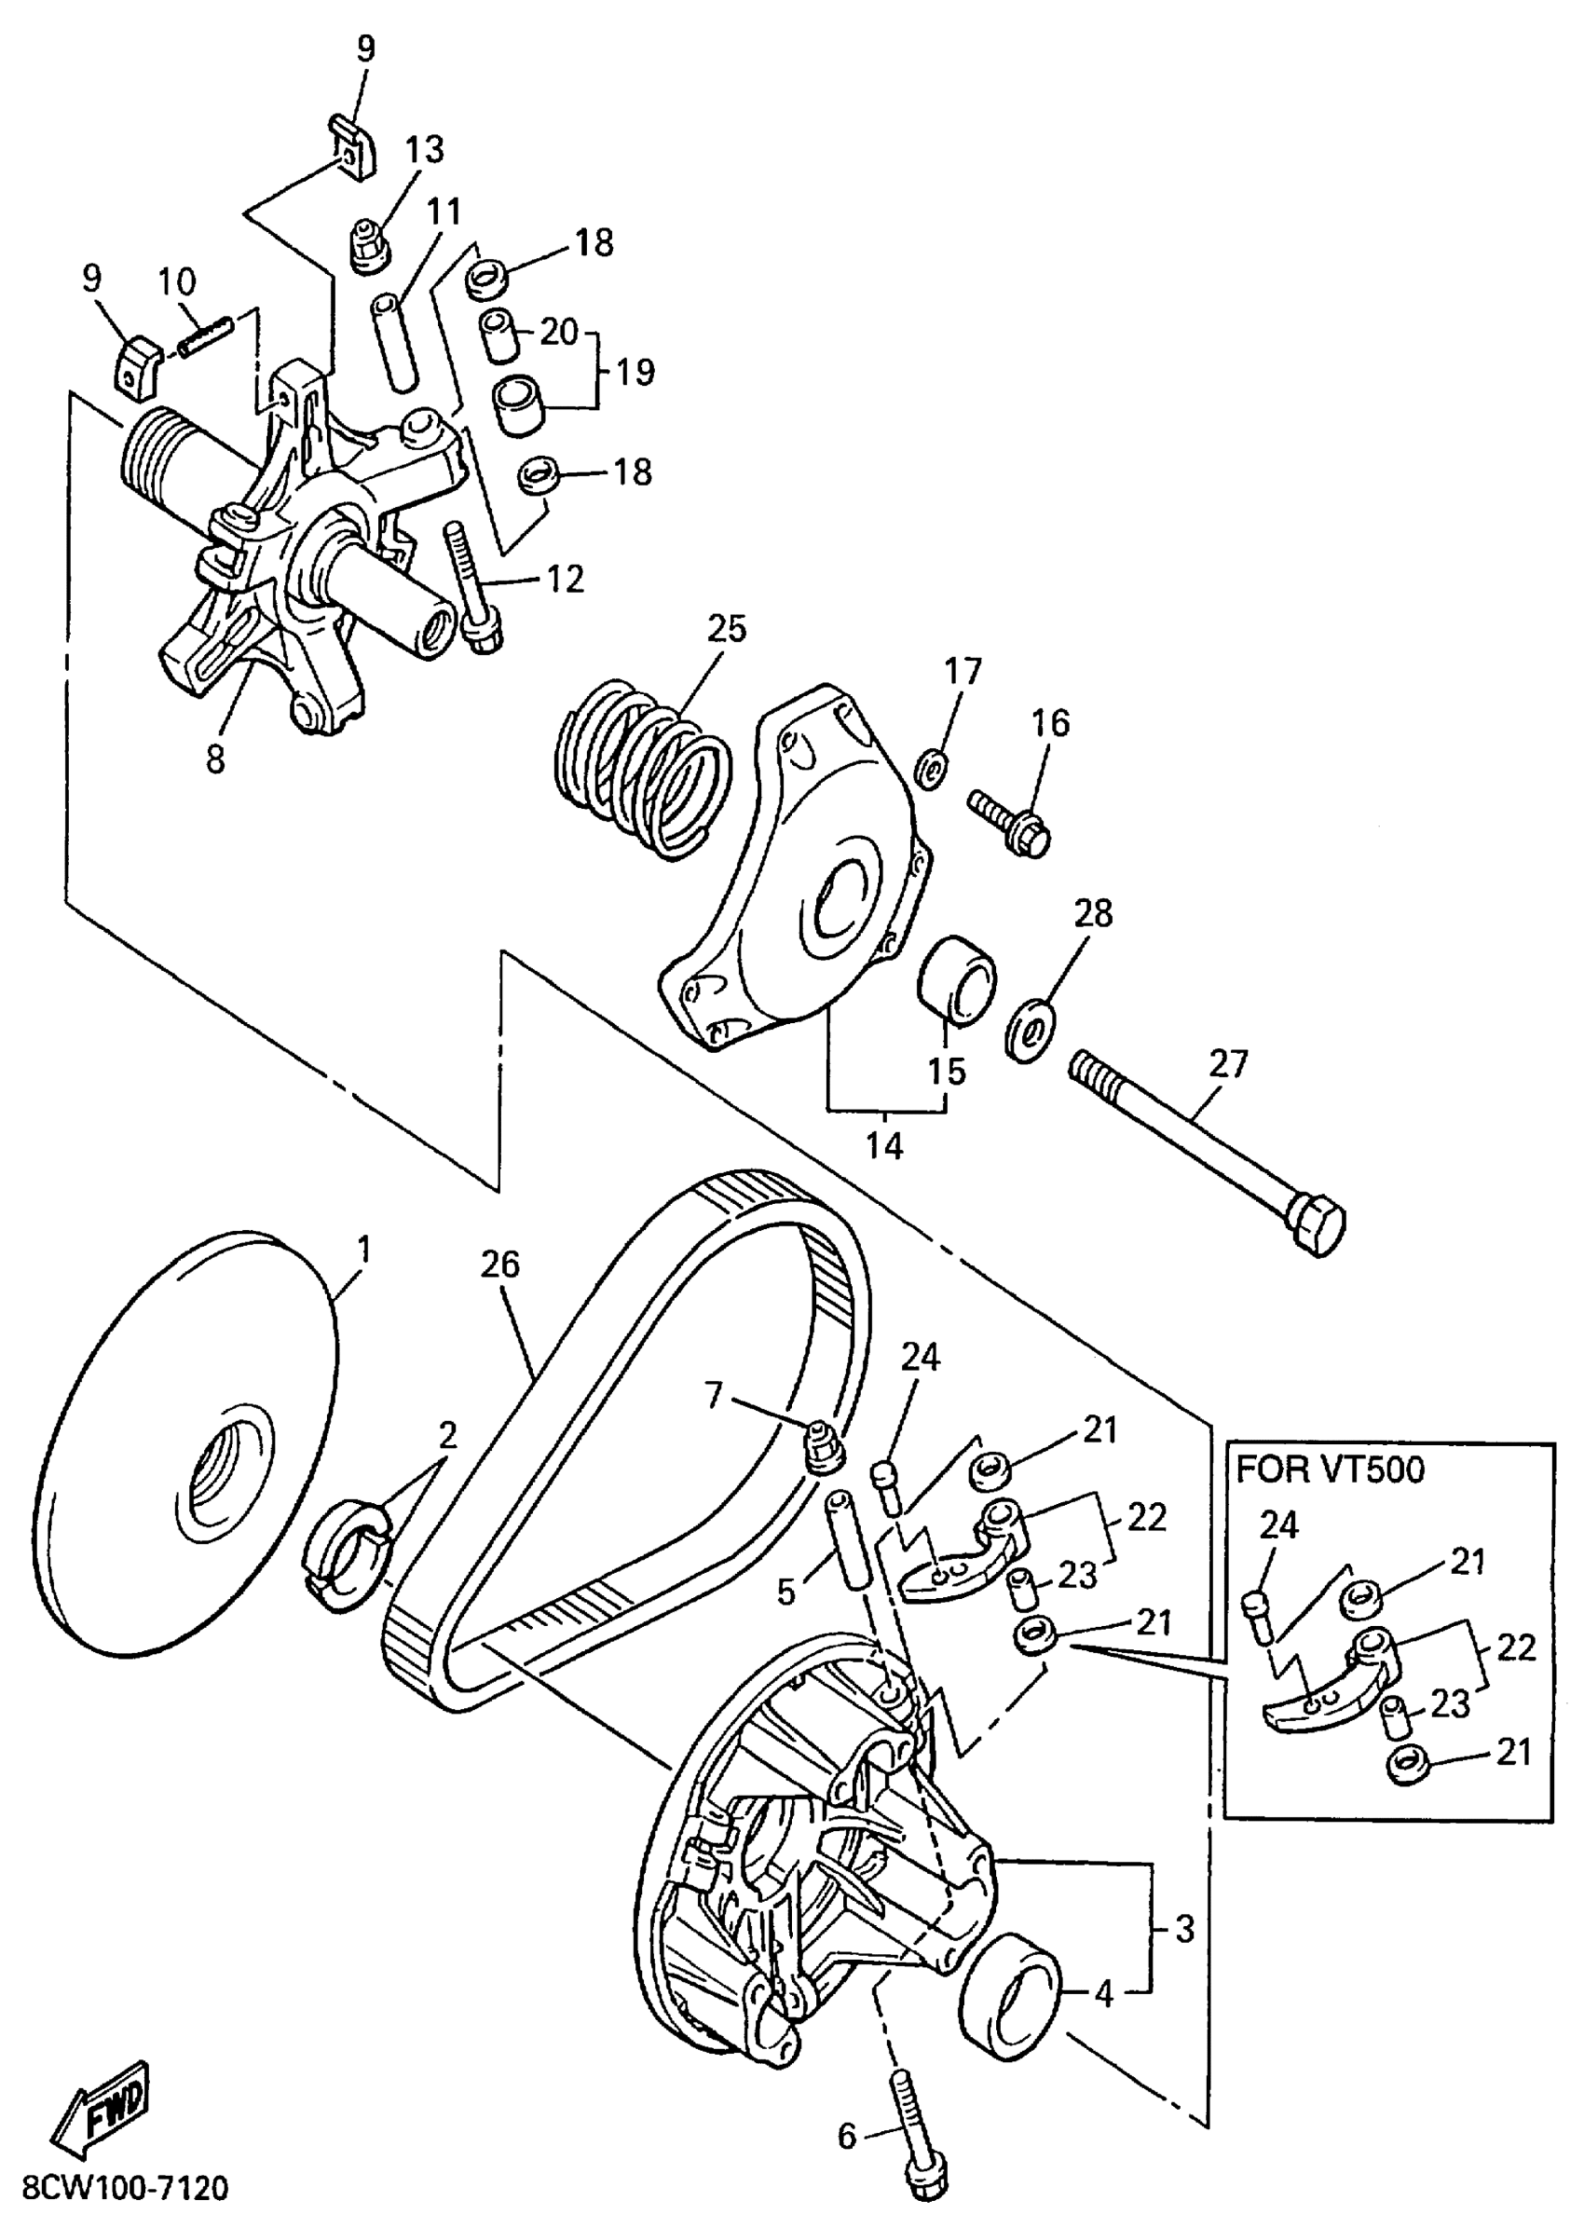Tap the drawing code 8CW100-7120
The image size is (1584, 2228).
125,2187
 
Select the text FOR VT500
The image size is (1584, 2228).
1331,1470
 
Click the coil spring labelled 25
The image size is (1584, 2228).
643,767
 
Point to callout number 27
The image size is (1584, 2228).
1228,1063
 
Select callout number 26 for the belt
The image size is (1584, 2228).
500,1265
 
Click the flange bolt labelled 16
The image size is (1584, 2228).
1010,822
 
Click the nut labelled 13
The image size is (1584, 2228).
370,245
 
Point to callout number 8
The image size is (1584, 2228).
215,758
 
